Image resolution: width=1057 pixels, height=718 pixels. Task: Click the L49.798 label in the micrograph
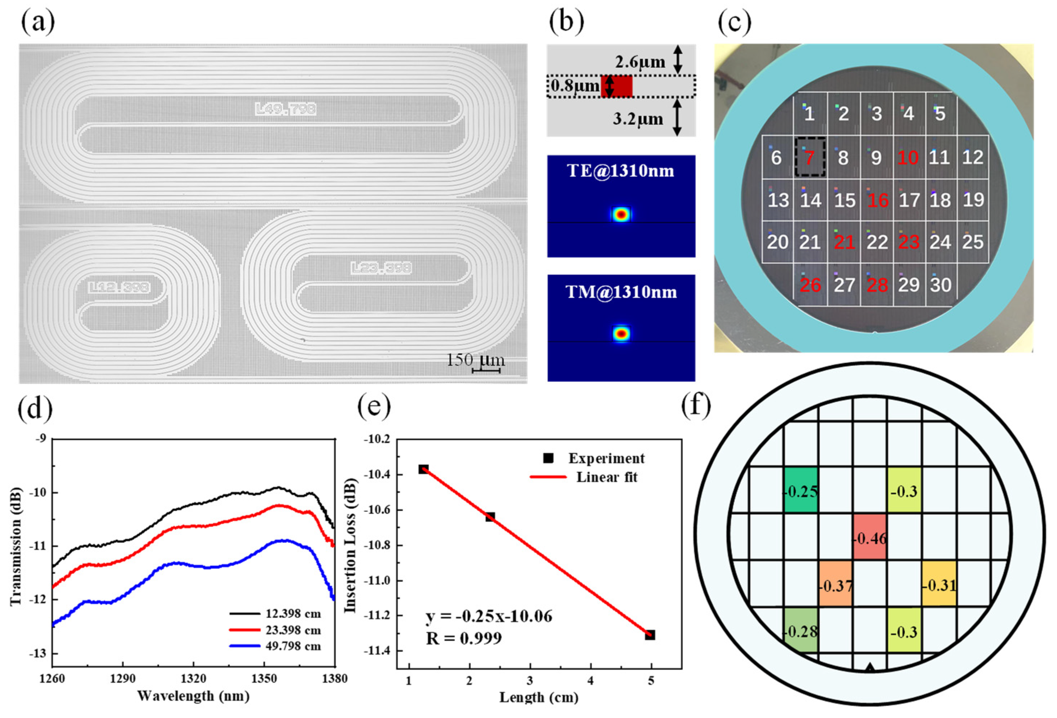tap(286, 109)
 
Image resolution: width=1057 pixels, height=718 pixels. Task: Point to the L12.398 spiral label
tap(119, 287)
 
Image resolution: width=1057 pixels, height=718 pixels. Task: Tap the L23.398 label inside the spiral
tap(381, 268)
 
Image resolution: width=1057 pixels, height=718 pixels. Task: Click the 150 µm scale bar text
tap(476, 360)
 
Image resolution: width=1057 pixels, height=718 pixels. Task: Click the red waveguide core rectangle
tap(617, 86)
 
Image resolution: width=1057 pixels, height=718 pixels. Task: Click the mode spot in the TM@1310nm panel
tap(621, 333)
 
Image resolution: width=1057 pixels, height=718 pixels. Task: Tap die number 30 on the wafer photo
tap(941, 285)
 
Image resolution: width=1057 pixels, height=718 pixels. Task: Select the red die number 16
tap(878, 200)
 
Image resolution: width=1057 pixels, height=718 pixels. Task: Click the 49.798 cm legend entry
tap(293, 646)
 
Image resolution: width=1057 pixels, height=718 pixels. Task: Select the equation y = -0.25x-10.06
tap(489, 617)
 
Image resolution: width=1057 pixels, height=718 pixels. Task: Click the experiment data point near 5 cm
tap(650, 635)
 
